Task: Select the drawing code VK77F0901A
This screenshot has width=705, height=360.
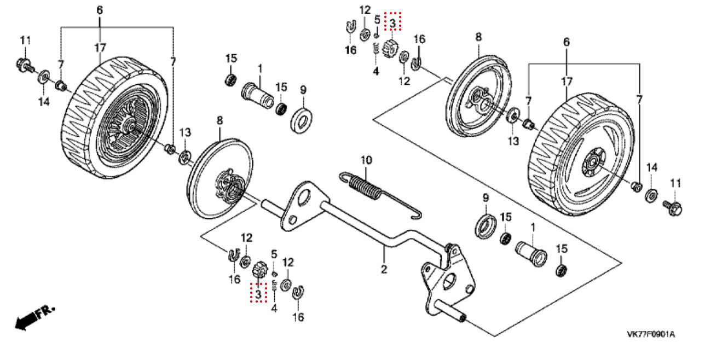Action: [651, 334]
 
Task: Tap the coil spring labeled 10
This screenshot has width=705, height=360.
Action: [366, 187]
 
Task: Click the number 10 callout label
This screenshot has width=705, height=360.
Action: [366, 160]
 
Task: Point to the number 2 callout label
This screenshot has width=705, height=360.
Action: [384, 269]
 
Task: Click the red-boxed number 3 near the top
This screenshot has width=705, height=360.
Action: [392, 23]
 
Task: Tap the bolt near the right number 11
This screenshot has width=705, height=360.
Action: [673, 208]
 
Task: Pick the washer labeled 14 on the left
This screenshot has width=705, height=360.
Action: [44, 77]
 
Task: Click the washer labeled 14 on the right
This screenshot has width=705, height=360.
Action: [651, 196]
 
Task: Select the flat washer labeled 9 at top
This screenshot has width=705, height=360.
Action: [302, 120]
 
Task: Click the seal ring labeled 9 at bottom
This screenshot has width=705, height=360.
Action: [486, 226]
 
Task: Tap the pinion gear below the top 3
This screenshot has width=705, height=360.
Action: [390, 49]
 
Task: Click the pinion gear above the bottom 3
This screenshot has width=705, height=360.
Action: [260, 269]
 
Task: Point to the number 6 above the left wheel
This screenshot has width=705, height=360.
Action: [100, 10]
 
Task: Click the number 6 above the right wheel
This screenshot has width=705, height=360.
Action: [567, 42]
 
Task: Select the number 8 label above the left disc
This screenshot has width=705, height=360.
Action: [219, 120]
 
